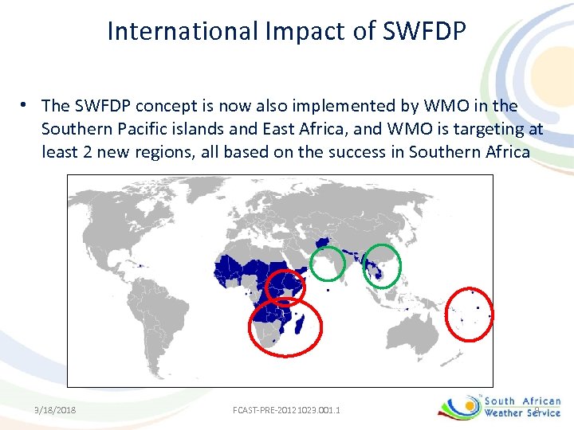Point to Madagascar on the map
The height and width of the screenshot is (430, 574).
point(299,323)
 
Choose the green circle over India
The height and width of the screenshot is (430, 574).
point(327,264)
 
